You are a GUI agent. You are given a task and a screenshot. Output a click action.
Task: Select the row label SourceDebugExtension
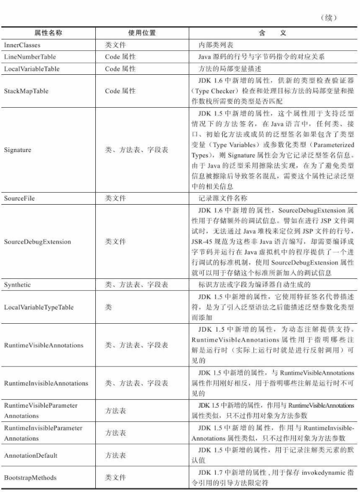click(37, 242)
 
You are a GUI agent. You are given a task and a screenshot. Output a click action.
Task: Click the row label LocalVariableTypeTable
click(38, 306)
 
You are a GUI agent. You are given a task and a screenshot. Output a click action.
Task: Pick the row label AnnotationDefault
click(31, 455)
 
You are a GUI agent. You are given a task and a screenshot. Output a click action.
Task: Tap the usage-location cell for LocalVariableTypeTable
click(108, 306)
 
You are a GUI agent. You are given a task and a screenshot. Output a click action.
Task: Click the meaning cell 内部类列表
click(220, 45)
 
